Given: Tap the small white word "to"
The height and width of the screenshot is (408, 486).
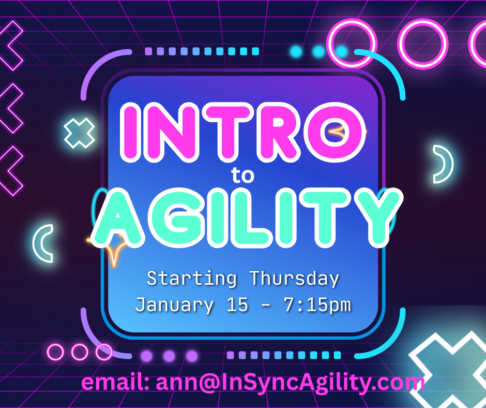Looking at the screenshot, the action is click(x=242, y=176).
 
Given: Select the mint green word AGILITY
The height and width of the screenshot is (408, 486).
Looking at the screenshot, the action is click(x=247, y=217).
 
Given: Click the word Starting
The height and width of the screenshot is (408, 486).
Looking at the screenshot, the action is click(x=192, y=279).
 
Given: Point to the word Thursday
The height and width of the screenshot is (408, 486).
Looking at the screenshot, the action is click(x=295, y=278).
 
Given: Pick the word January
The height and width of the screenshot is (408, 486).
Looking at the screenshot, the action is click(x=175, y=305).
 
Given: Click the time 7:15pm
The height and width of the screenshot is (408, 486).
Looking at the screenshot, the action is click(x=317, y=305).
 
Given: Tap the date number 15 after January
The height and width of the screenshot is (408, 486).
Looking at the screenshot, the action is click(x=237, y=304).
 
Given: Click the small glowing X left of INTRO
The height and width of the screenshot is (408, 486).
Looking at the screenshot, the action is click(x=79, y=133).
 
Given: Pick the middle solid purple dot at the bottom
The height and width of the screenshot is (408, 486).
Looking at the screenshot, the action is click(x=169, y=356).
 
